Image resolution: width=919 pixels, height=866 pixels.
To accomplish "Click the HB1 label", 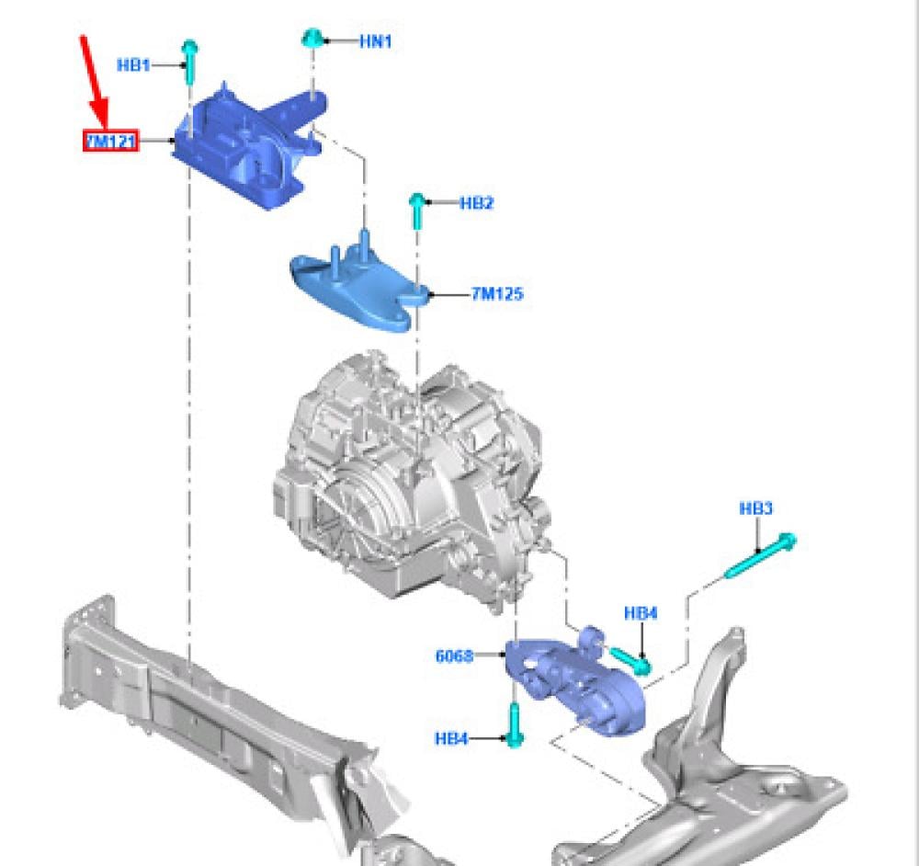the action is tap(133, 65).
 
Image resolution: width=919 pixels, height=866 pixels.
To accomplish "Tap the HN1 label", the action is tap(376, 41).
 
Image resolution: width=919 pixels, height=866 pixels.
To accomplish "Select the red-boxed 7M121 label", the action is tap(111, 141).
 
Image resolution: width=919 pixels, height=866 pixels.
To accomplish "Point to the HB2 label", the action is tap(476, 203).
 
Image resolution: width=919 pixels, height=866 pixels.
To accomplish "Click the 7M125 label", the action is tap(497, 293).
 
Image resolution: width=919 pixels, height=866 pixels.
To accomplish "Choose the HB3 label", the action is tap(756, 508).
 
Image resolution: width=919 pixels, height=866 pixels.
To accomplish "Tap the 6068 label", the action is tap(454, 655).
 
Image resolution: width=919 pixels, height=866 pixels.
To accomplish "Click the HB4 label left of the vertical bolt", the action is tap(451, 739).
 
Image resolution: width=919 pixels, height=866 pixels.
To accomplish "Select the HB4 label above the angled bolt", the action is tap(641, 613).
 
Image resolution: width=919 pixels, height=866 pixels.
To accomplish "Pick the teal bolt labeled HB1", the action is tap(190, 62).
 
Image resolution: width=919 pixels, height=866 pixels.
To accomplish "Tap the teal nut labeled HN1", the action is tap(311, 39).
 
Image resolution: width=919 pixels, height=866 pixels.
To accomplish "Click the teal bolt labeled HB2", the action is tap(416, 211).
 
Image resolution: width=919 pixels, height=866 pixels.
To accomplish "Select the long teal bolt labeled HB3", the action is tap(761, 554).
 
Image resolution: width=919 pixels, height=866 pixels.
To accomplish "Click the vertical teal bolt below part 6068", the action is tap(514, 724).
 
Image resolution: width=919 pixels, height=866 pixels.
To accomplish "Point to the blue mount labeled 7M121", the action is tap(249, 146).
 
